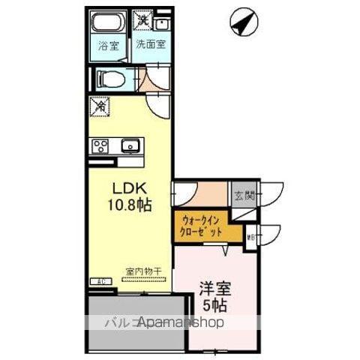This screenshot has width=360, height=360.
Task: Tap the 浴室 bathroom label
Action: tap(108, 45)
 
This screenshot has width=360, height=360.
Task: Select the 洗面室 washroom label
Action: tap(151, 43)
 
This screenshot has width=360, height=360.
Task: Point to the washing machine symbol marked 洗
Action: tap(140, 16)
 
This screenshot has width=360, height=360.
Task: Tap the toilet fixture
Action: tap(108, 77)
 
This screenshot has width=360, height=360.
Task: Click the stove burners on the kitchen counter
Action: tap(100, 145)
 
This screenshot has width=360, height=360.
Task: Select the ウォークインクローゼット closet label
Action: tap(201, 226)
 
